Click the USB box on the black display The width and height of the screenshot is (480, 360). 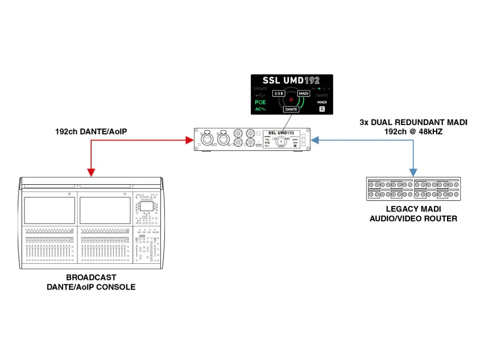pyautogui.click(x=279, y=93)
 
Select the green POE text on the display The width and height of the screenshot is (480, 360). pyautogui.click(x=260, y=103)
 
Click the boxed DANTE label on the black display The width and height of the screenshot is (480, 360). pyautogui.click(x=291, y=109)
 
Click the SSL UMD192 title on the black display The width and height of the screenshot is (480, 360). pyautogui.click(x=291, y=81)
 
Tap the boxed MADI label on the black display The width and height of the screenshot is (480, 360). pyautogui.click(x=304, y=93)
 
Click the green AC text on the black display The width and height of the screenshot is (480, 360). pyautogui.click(x=260, y=109)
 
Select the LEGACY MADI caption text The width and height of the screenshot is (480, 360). pyautogui.click(x=413, y=209)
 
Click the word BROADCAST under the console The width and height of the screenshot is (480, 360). pyautogui.click(x=91, y=278)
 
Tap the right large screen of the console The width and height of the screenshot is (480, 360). pyautogui.click(x=104, y=210)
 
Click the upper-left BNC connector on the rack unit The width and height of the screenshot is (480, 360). pyautogui.click(x=237, y=135)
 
